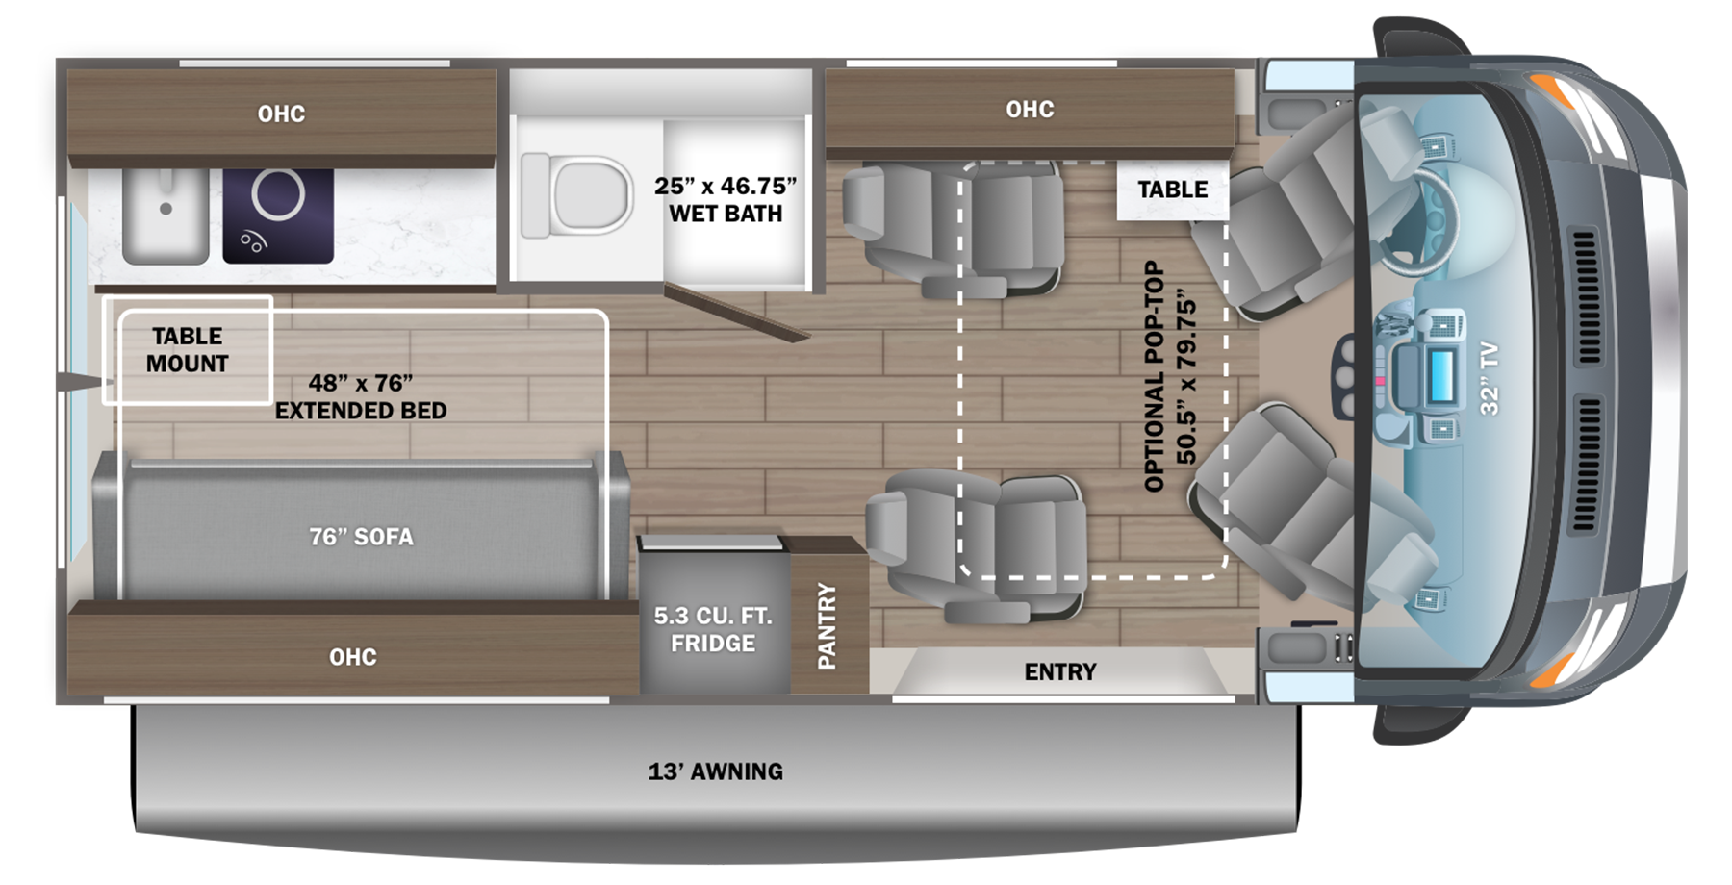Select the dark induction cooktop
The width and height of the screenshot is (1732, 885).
click(278, 215)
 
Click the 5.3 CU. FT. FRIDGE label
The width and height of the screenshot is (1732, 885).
click(713, 629)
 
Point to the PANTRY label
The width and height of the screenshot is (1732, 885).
click(827, 625)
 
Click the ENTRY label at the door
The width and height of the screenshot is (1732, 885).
click(1059, 671)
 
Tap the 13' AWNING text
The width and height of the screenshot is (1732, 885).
click(715, 771)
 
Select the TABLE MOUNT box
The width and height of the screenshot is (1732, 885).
click(188, 349)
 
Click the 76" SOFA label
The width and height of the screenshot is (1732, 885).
click(362, 537)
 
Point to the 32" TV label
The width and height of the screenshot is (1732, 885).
click(1489, 379)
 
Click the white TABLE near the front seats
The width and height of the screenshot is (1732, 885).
click(1172, 190)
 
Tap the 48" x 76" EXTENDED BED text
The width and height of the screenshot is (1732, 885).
click(361, 396)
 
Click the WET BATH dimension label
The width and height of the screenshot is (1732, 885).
click(726, 199)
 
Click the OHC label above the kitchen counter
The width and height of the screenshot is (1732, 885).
click(281, 114)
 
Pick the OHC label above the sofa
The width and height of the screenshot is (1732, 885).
click(352, 657)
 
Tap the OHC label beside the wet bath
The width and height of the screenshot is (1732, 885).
click(1030, 110)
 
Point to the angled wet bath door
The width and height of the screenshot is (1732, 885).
click(736, 313)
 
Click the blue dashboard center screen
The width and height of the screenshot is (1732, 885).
click(1441, 375)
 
